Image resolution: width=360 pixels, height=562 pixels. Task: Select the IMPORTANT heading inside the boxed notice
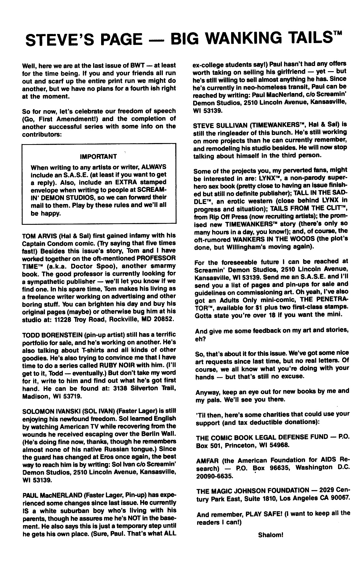pyautogui.click(x=98, y=156)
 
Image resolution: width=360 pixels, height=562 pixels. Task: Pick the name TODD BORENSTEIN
pyautogui.click(x=52, y=335)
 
